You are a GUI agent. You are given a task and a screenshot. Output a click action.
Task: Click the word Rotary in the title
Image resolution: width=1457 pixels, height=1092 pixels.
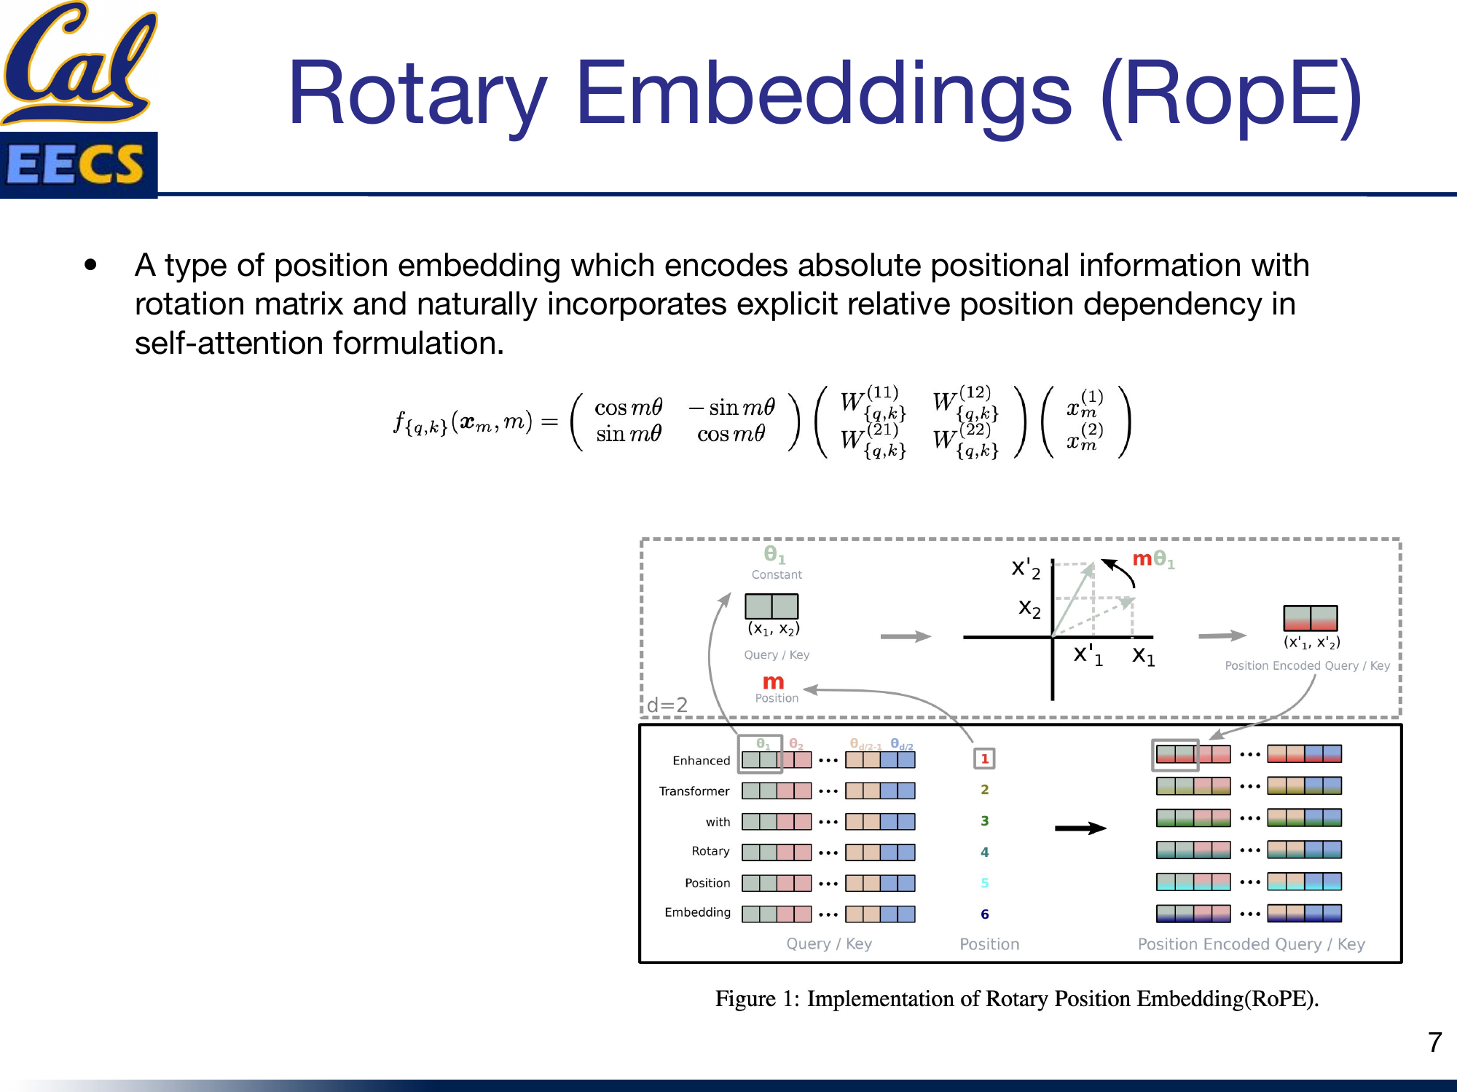tap(417, 95)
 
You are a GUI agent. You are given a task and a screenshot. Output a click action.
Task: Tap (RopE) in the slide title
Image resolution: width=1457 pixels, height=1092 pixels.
tap(1231, 95)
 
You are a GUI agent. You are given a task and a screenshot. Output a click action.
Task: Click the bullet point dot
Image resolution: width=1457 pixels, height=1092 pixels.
tap(90, 265)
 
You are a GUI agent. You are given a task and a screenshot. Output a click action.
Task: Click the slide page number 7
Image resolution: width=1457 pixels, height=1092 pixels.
tap(1434, 1042)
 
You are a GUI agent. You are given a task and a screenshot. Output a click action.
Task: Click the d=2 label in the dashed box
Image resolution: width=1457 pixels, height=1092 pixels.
tap(667, 705)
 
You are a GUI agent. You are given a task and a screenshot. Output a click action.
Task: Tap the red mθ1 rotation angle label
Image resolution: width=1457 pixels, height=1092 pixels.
tap(1152, 559)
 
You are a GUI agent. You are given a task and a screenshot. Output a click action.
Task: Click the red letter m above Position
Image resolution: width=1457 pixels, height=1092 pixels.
tap(773, 681)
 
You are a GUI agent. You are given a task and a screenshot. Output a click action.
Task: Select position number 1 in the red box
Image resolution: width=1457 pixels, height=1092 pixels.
tap(984, 759)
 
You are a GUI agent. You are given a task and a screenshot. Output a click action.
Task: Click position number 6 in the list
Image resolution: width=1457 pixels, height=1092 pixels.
tap(984, 914)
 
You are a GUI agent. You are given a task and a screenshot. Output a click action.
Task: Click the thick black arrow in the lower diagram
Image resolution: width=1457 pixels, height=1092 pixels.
tap(1080, 828)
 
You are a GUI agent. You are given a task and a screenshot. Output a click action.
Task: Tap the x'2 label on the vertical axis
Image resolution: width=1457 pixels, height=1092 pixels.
tap(1025, 569)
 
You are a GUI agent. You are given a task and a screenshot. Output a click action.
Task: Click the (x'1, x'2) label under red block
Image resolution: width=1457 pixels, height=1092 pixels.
tap(1311, 642)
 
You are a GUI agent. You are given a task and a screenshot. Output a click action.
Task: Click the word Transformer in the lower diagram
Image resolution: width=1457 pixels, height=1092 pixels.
tap(694, 791)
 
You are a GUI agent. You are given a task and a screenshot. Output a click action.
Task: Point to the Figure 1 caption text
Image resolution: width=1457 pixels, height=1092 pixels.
tap(1017, 998)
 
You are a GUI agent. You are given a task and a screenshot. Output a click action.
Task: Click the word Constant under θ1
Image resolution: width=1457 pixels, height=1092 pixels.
tap(777, 574)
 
